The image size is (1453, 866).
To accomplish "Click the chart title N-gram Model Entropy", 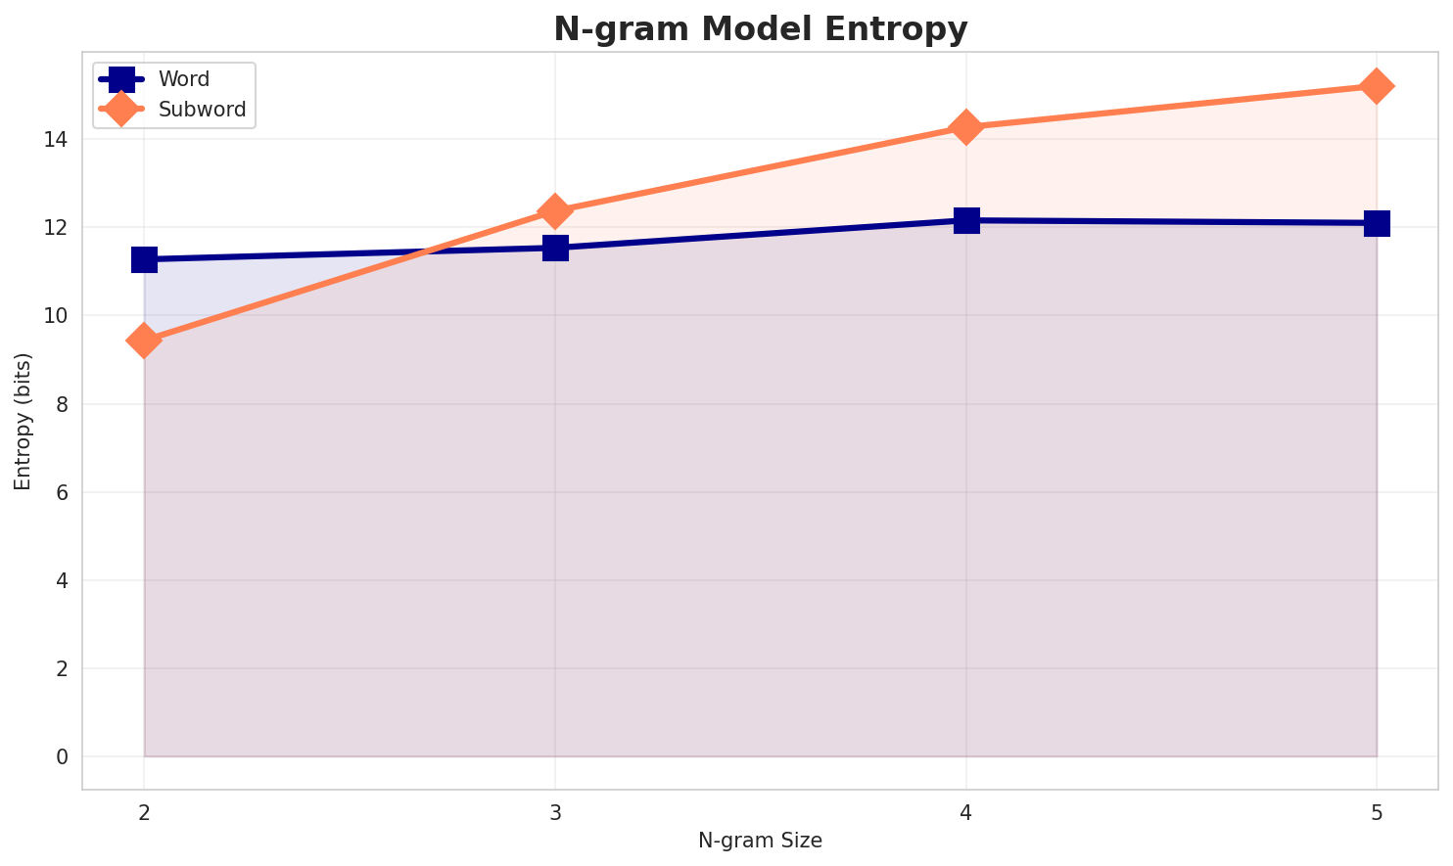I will pyautogui.click(x=760, y=29).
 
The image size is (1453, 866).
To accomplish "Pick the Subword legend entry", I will pyautogui.click(x=202, y=109).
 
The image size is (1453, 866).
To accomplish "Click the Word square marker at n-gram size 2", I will pyautogui.click(x=144, y=259).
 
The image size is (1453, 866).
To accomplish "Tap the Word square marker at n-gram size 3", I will pyautogui.click(x=555, y=248).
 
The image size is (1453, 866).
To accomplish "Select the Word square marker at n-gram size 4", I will pyautogui.click(x=966, y=220).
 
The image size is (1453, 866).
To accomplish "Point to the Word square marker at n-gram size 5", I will pyautogui.click(x=1377, y=223).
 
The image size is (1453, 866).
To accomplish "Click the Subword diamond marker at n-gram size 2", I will pyautogui.click(x=144, y=341).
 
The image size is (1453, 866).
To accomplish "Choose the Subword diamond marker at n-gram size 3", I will pyautogui.click(x=555, y=210).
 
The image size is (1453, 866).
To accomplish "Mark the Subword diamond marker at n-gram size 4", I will pyautogui.click(x=966, y=127).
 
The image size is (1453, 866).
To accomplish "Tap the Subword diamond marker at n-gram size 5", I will pyautogui.click(x=1377, y=86).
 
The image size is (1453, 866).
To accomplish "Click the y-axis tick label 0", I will pyautogui.click(x=62, y=757).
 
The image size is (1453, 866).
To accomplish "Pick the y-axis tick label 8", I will pyautogui.click(x=62, y=404).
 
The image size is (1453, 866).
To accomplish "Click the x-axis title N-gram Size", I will pyautogui.click(x=760, y=841).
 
